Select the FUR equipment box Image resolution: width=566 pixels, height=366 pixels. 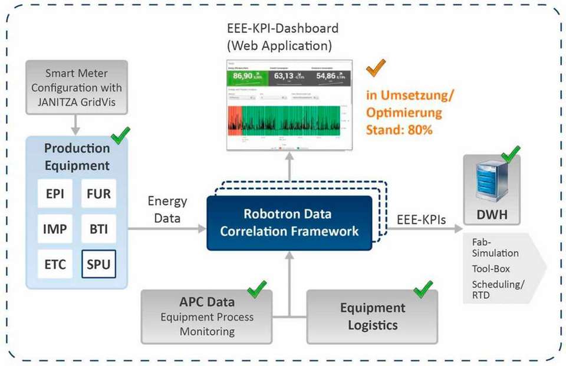point(98,193)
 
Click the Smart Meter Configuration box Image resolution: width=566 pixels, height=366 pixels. point(76,87)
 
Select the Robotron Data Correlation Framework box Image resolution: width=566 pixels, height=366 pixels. point(289,223)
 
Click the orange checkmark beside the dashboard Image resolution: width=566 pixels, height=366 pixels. point(376,68)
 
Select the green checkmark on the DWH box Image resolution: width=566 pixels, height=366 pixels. point(510,154)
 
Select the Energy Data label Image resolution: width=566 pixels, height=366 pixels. point(167,209)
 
